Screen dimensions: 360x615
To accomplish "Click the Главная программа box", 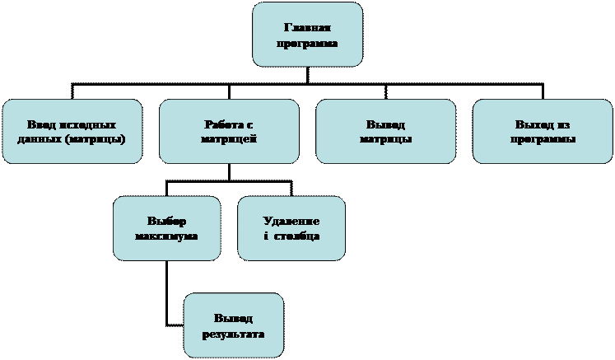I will click(x=307, y=35).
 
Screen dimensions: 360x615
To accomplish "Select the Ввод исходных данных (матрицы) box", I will click(x=72, y=132).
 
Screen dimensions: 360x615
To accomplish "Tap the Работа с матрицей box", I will click(x=229, y=132).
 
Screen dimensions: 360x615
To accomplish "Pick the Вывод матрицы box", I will click(x=385, y=132).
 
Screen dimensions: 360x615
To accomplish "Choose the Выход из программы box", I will click(x=542, y=132).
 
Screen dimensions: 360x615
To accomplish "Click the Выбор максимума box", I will click(x=166, y=228).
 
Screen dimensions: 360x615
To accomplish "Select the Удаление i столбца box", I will click(x=291, y=228).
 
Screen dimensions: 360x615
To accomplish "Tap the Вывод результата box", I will click(x=233, y=325).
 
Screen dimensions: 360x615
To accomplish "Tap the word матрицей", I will click(x=229, y=139).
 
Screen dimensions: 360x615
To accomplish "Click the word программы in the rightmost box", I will click(x=542, y=139).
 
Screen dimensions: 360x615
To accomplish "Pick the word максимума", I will click(x=166, y=236).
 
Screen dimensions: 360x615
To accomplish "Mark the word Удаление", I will click(x=291, y=222).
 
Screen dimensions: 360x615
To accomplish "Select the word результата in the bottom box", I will click(x=233, y=333).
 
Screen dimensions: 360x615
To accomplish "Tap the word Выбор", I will click(x=166, y=222).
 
